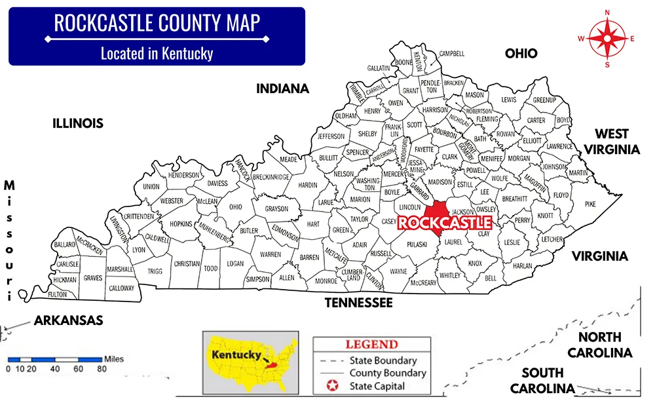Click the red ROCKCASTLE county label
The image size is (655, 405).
click(445, 223)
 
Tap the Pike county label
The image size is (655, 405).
click(590, 204)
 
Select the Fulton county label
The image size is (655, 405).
click(58, 294)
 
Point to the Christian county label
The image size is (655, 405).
click(187, 263)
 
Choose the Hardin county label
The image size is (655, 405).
click(308, 185)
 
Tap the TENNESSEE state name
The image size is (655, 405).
click(359, 303)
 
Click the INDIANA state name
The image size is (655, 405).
click(282, 88)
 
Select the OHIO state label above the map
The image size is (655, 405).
click(521, 54)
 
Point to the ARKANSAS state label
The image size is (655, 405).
click(69, 320)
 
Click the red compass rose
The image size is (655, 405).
click(607, 38)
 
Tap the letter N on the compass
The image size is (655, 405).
click(607, 12)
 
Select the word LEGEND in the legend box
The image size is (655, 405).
click(371, 345)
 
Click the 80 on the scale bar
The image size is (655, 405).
click(102, 369)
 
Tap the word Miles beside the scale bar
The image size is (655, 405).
click(113, 359)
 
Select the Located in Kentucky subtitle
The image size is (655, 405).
click(157, 53)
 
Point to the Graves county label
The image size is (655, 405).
click(93, 278)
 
